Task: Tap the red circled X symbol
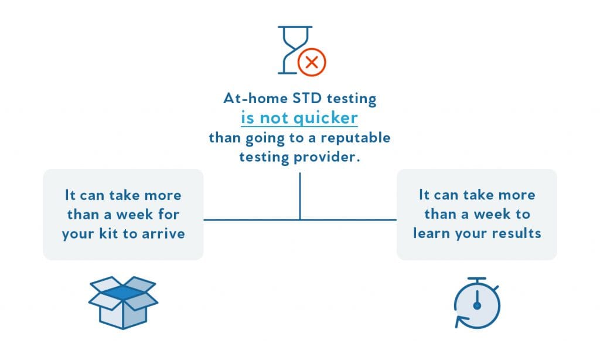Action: pos(312,62)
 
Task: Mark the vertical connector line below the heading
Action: pos(299,196)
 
